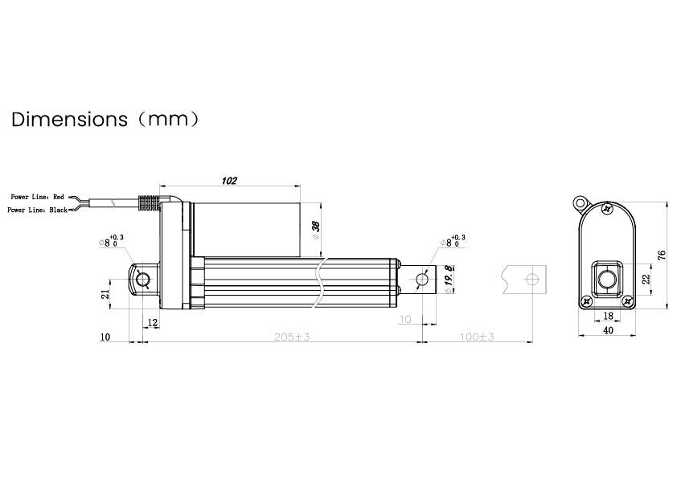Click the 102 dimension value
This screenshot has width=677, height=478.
click(228, 181)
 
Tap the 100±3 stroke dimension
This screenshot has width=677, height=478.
click(476, 337)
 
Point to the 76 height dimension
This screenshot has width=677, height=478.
click(662, 255)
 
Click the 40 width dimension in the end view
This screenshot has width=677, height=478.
click(608, 329)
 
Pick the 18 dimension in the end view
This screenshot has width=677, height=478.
click(608, 317)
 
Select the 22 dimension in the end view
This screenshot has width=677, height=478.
click(645, 278)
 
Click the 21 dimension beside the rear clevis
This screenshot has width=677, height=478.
click(105, 294)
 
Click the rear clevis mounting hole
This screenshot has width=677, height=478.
click(144, 280)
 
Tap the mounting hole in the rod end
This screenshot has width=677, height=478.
click(423, 279)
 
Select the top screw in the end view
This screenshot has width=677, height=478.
click(608, 208)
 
